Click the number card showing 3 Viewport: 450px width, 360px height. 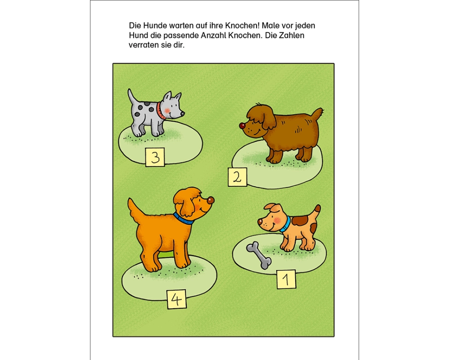click(155, 157)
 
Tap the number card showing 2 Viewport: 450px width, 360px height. click(237, 177)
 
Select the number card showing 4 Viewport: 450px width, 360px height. click(176, 299)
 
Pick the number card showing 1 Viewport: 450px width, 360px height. click(286, 279)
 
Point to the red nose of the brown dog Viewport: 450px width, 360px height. click(242, 126)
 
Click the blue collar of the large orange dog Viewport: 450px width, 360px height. click(183, 219)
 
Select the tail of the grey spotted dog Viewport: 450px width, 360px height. click(132, 97)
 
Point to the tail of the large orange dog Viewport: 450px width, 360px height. click(135, 211)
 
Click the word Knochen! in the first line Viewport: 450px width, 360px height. click(242, 26)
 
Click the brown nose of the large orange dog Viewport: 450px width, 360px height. click(211, 200)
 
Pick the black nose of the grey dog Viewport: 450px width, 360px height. click(183, 114)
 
